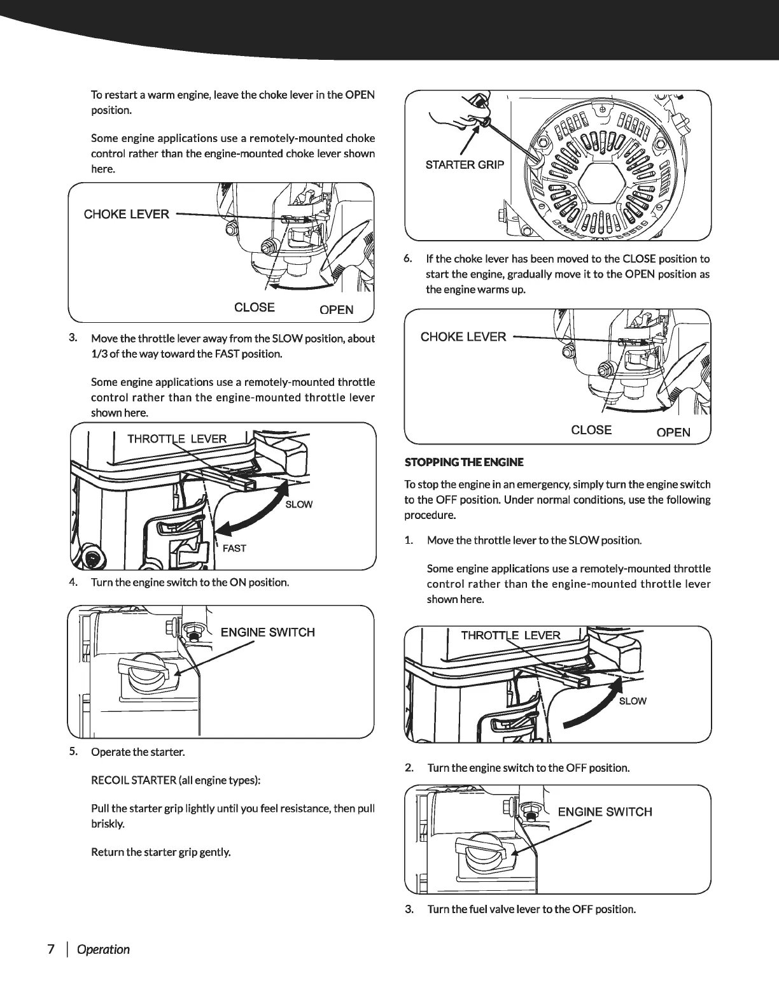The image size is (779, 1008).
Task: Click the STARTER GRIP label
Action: tap(464, 165)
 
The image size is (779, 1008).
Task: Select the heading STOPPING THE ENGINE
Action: tap(464, 462)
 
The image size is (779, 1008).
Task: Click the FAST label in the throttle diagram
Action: tap(234, 548)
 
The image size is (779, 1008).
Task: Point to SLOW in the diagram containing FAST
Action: tap(298, 504)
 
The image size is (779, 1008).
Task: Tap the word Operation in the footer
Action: tap(102, 949)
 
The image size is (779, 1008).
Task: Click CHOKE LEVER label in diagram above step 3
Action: tap(127, 214)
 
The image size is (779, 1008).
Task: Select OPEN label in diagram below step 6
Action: tap(673, 432)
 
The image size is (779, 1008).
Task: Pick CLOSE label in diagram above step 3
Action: tap(255, 308)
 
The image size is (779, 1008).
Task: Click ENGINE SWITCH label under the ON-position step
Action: tap(267, 632)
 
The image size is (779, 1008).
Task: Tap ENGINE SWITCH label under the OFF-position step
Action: tap(605, 812)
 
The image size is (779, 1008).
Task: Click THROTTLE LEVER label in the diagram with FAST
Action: tap(177, 439)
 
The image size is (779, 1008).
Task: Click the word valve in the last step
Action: tap(488, 909)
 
